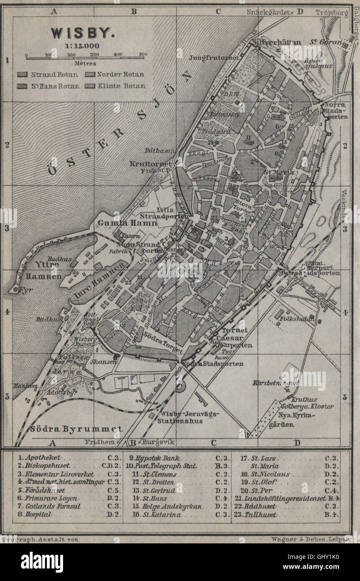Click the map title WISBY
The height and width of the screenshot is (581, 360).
point(78,33)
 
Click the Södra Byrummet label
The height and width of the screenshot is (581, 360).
point(76,429)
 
